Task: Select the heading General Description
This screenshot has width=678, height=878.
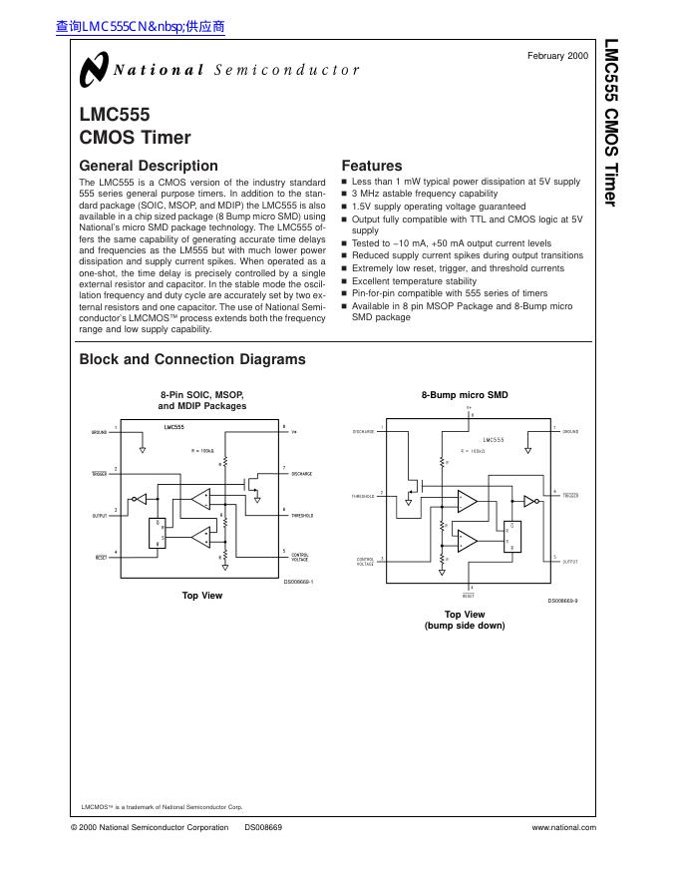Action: tap(148, 166)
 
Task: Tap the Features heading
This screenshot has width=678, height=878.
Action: tap(372, 166)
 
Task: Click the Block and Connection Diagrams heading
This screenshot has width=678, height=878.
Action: tap(192, 359)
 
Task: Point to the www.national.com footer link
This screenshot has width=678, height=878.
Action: tap(564, 827)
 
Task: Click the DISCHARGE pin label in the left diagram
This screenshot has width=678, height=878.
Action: tap(302, 474)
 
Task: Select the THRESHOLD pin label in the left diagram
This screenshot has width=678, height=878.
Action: tap(302, 516)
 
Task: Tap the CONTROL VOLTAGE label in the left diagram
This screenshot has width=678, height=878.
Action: tap(300, 557)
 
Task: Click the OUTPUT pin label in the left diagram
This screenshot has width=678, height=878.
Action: tap(100, 516)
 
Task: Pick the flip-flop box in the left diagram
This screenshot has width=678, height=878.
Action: tap(157, 534)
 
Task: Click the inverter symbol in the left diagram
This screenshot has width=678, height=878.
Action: tap(141, 498)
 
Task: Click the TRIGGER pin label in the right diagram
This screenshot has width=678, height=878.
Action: tap(571, 496)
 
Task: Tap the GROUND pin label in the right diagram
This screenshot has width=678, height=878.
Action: tap(570, 432)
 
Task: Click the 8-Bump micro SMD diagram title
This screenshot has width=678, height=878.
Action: tap(465, 395)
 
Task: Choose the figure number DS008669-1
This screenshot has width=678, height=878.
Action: tap(298, 581)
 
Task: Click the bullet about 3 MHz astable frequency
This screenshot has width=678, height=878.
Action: tap(425, 194)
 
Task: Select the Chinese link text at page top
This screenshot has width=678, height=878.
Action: tap(141, 28)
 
